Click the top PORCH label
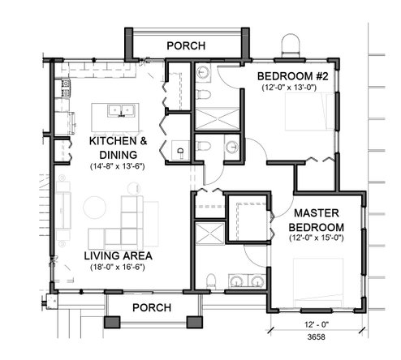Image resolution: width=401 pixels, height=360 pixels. click(x=186, y=46)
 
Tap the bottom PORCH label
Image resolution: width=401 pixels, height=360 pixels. click(x=152, y=308)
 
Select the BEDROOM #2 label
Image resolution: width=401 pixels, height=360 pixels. click(x=293, y=76)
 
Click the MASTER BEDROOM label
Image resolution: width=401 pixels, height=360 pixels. click(x=317, y=221)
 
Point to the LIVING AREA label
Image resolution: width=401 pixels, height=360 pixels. click(x=118, y=256)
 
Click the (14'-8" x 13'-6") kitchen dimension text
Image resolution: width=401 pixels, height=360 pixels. click(x=118, y=166)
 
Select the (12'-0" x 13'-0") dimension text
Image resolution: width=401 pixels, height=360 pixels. click(x=289, y=88)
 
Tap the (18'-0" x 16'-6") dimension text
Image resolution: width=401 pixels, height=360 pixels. click(x=118, y=267)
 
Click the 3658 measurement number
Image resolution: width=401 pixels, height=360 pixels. click(x=317, y=337)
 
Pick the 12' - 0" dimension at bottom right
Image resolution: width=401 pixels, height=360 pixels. click(x=317, y=324)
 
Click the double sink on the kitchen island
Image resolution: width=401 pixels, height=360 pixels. click(x=121, y=111)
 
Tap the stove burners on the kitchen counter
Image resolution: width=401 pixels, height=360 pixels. click(x=66, y=88)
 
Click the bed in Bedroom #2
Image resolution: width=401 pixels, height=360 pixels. click(x=309, y=112)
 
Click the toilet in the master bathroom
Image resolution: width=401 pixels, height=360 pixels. click(x=211, y=281)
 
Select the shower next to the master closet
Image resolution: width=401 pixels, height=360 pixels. click(x=209, y=234)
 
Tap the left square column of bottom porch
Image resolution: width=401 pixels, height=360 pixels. click(x=112, y=322)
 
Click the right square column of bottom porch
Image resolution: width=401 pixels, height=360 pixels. click(x=195, y=322)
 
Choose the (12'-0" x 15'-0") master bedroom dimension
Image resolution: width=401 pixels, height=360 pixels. click(x=317, y=238)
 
